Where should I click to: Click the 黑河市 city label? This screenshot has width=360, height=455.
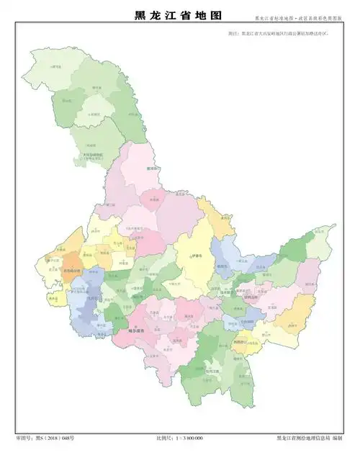[x=151, y=169]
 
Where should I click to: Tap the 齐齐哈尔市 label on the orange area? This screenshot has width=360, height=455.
[x=72, y=271]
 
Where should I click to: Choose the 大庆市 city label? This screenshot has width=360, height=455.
[x=92, y=297]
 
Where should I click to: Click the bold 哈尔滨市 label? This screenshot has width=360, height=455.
[x=137, y=330]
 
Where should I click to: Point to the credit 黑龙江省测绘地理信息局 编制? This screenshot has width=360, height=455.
[x=310, y=438]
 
